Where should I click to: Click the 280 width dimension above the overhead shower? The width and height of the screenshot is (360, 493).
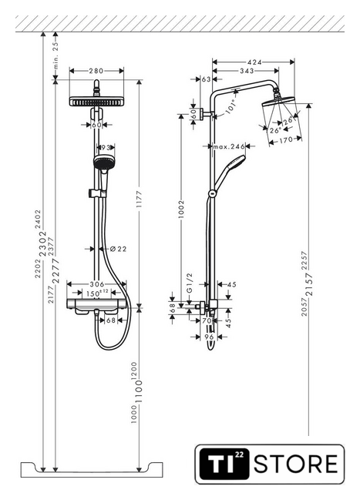pyautogui.click(x=96, y=71)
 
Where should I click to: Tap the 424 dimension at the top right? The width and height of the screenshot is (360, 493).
pyautogui.click(x=254, y=62)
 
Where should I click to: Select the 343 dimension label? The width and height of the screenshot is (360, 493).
pyautogui.click(x=247, y=71)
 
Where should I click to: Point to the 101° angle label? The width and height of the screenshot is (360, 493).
pyautogui.click(x=230, y=106)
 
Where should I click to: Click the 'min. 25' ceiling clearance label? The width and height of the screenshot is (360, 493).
pyautogui.click(x=56, y=55)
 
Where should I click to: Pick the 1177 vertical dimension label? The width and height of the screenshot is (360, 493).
pyautogui.click(x=139, y=199)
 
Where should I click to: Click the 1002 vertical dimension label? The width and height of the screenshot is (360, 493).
pyautogui.click(x=181, y=209)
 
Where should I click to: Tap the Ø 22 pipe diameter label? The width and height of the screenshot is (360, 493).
pyautogui.click(x=118, y=249)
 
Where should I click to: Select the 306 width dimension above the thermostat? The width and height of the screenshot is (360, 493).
pyautogui.click(x=97, y=284)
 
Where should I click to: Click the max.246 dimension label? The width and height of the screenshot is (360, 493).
pyautogui.click(x=229, y=146)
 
